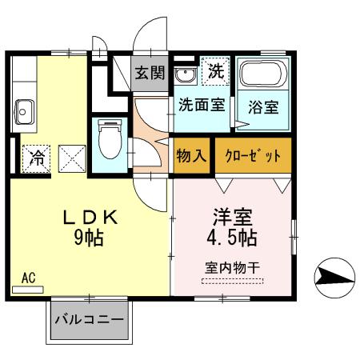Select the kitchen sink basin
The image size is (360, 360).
pyautogui.click(x=24, y=109)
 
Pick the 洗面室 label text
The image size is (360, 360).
pyautogui.click(x=201, y=104)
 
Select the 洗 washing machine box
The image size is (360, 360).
pyautogui.click(x=214, y=70)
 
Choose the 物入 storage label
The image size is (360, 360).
pyautogui.click(x=191, y=154)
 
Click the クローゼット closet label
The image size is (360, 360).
pyautogui.click(x=253, y=154)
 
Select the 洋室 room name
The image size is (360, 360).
pyautogui.click(x=231, y=218)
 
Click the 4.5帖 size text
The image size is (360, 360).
pyautogui.click(x=231, y=238)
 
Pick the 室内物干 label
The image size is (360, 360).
pyautogui.click(x=232, y=267)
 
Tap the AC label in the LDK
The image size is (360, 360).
pyautogui.click(x=28, y=278)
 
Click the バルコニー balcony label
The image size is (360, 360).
pyautogui.click(x=89, y=320)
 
